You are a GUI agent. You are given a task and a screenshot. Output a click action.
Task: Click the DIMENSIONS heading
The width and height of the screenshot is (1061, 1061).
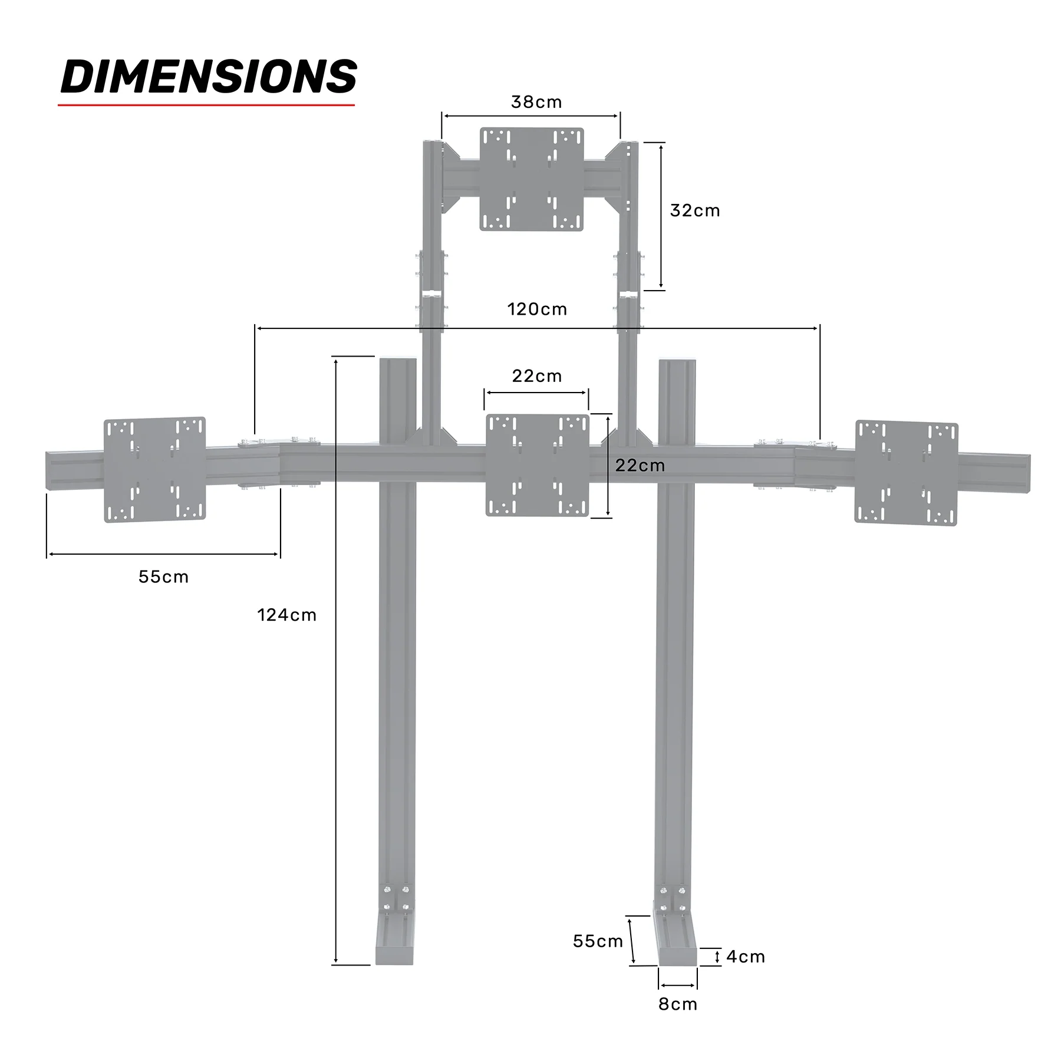click(x=209, y=77)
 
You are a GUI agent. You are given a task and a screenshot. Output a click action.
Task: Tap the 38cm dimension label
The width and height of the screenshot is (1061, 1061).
click(x=536, y=102)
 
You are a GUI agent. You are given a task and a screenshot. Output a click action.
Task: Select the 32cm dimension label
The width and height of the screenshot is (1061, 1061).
click(x=694, y=210)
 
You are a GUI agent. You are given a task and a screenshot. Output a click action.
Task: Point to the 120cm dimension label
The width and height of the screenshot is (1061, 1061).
click(x=536, y=309)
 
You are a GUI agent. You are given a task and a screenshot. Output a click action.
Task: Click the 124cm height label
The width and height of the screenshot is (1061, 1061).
click(x=286, y=615)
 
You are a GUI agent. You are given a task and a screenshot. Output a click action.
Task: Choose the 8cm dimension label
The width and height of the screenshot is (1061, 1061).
click(x=677, y=1004)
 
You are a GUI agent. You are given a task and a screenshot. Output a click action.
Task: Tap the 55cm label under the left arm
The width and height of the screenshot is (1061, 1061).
click(x=163, y=576)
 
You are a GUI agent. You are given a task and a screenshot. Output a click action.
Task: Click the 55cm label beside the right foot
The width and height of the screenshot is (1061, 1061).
click(x=598, y=941)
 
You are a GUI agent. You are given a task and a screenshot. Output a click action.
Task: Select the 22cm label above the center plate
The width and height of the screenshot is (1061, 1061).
click(x=536, y=375)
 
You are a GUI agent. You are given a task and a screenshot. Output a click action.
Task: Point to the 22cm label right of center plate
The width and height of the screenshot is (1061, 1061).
click(x=640, y=465)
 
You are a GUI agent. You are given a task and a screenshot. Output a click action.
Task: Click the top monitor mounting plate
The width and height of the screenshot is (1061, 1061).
click(x=531, y=179)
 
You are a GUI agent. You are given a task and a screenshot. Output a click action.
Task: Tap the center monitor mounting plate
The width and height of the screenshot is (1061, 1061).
click(x=537, y=465)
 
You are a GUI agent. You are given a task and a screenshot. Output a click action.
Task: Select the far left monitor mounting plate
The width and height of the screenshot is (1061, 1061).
click(x=154, y=469)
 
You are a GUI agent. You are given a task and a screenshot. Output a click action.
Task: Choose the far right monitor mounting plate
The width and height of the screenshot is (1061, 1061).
click(x=906, y=473)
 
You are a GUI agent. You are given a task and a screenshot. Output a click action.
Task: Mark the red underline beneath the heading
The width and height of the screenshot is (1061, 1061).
click(x=206, y=106)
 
